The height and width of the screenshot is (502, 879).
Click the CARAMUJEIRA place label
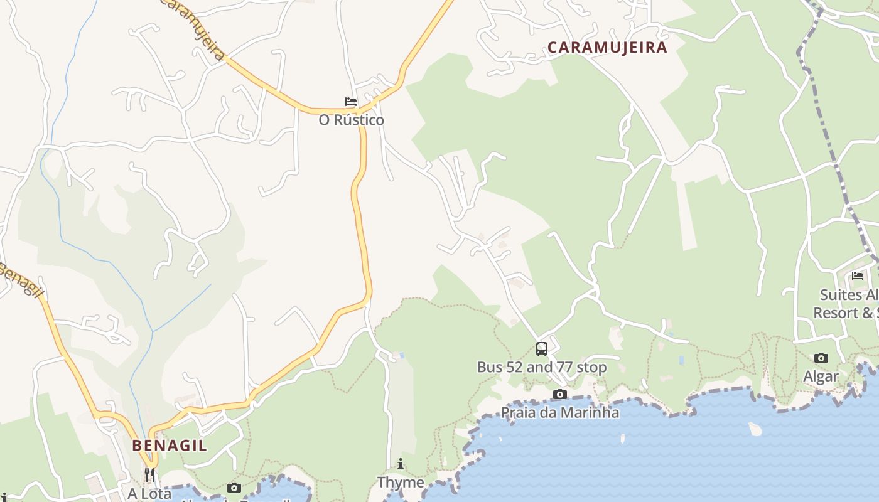point(607,47)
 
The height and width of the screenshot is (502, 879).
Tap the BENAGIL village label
point(169,446)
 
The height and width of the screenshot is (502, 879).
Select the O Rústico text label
point(351,120)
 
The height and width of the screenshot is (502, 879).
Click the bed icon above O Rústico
point(351,102)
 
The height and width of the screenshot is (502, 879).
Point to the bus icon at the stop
point(542,349)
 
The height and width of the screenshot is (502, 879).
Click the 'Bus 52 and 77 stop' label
point(542,367)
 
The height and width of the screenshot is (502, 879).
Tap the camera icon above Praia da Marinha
point(559,395)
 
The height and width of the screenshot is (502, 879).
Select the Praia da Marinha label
point(559,412)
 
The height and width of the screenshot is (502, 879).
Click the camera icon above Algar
point(821,358)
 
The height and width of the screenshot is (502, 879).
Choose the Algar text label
point(821,376)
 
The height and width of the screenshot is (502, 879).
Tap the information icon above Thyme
point(401,464)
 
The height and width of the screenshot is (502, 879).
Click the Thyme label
point(401,482)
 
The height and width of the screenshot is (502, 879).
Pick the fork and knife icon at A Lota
point(149,475)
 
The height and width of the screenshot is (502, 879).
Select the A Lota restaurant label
point(149,494)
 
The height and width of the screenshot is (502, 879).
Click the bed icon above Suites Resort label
point(858,276)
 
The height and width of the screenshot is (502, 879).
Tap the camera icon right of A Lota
point(234,488)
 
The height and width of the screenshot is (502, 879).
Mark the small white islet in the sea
point(755,429)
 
